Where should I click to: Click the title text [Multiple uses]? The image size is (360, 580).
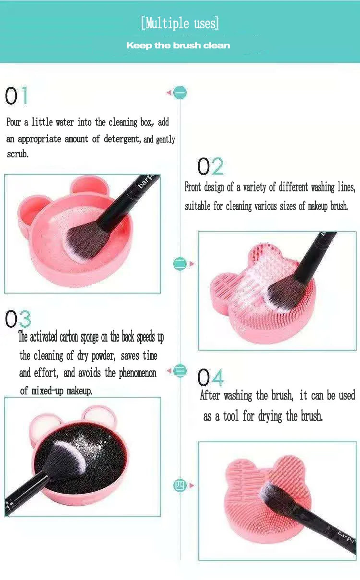tap(180, 23)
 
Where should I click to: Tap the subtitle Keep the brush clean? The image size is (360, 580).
tap(178, 46)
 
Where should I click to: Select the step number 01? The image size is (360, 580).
tap(17, 96)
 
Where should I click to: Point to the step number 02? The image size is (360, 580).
tap(210, 166)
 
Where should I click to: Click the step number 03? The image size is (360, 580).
tap(18, 319)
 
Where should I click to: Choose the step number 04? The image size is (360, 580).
tap(210, 378)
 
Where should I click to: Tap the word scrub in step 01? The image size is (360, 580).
tap(18, 154)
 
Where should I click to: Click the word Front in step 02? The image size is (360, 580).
tap(193, 187)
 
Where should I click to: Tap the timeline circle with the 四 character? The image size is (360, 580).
tap(180, 485)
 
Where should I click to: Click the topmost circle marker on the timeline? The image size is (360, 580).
tap(180, 92)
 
